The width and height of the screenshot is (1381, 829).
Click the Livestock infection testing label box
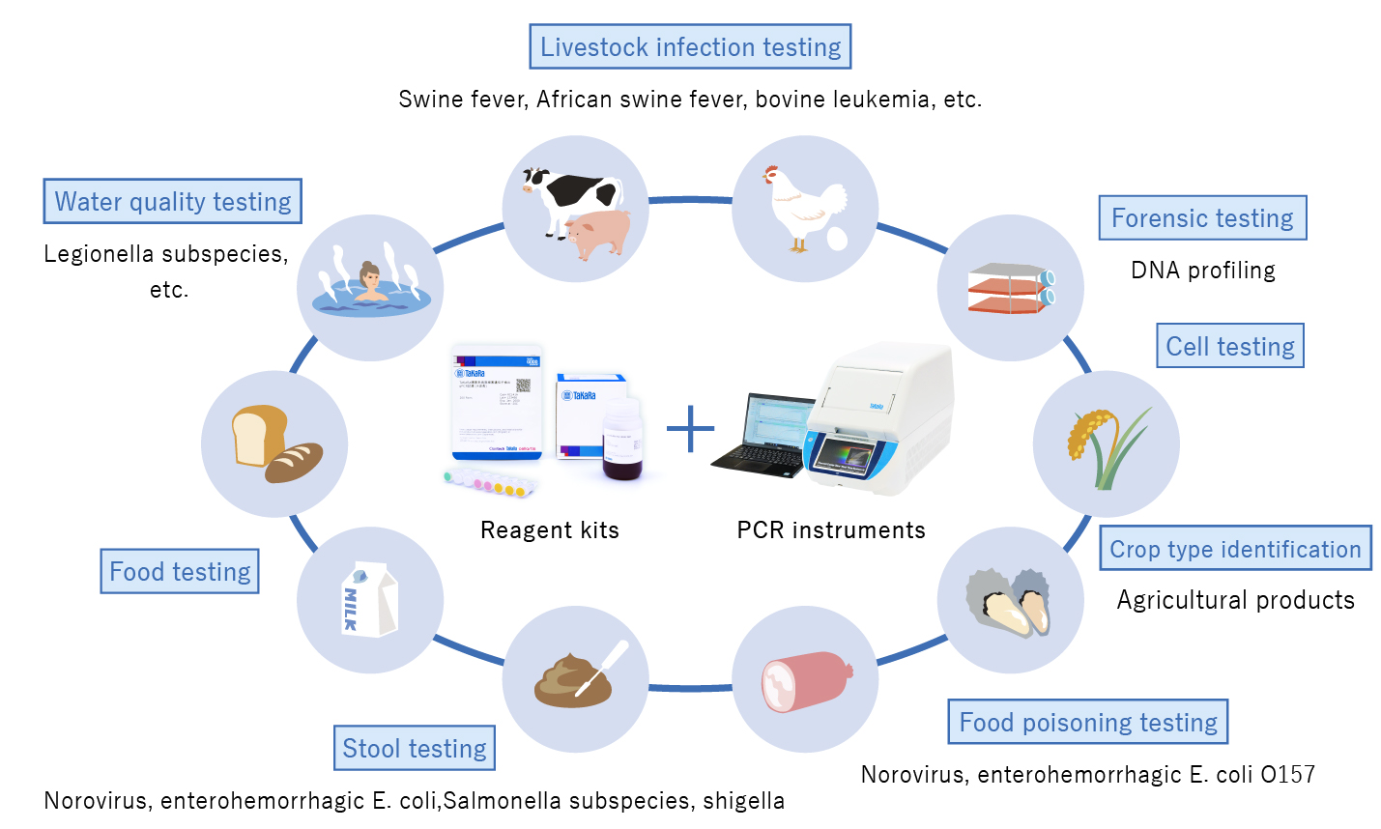pos(690,47)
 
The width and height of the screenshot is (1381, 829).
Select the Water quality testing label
pos(173,201)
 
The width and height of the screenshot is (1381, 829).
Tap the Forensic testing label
pos(1202,218)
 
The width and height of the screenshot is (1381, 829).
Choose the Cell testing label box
pos(1230,346)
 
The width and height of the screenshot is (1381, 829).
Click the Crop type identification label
pos(1235,549)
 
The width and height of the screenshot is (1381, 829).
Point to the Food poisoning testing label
pos(1087,722)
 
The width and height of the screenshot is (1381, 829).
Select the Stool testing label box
pos(415,748)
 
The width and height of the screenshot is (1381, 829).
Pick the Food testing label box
pos(180,571)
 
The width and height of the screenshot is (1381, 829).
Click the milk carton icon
pos(369,600)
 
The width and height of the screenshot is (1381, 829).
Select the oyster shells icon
pos(1009,601)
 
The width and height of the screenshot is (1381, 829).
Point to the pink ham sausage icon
pos(805,680)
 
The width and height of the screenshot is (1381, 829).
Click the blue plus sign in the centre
pos(690,429)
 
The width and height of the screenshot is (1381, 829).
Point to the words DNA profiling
pos(1202,271)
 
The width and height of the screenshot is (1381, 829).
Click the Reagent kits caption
pos(549,529)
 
